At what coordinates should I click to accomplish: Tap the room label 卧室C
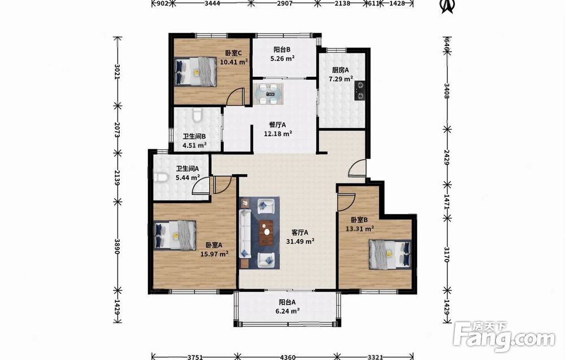pyautogui.click(x=233, y=53)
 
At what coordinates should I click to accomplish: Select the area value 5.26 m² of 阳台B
pyautogui.click(x=282, y=58)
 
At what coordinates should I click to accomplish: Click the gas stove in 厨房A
pyautogui.click(x=359, y=90)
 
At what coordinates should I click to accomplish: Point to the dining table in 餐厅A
pyautogui.click(x=268, y=94)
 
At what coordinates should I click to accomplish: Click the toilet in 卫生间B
pyautogui.click(x=197, y=115)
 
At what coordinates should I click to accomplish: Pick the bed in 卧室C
pyautogui.click(x=195, y=71)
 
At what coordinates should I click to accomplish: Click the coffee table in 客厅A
pyautogui.click(x=266, y=233)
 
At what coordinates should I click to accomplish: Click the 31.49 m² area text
pyautogui.click(x=300, y=241)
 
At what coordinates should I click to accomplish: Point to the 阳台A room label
pyautogui.click(x=287, y=303)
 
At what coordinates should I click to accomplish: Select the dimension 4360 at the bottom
pyautogui.click(x=288, y=357)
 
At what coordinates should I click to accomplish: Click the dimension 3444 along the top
pyautogui.click(x=212, y=3)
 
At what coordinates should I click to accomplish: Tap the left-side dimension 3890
pyautogui.click(x=117, y=246)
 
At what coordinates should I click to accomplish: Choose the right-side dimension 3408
pyautogui.click(x=446, y=91)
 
